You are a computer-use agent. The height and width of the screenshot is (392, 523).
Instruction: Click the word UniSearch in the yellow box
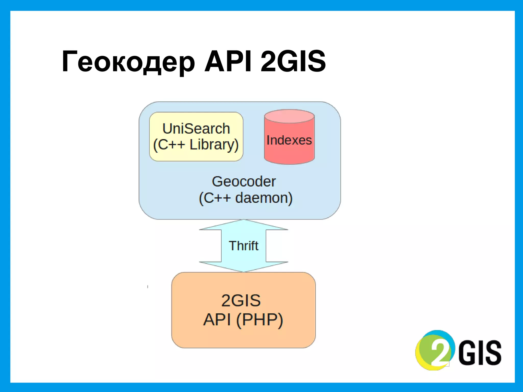pyautogui.click(x=196, y=128)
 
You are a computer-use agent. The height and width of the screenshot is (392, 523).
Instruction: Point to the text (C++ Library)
pyautogui.click(x=196, y=145)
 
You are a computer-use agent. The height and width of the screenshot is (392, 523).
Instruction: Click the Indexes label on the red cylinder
pyautogui.click(x=289, y=140)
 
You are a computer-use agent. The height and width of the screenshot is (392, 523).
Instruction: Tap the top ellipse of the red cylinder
pyautogui.click(x=289, y=116)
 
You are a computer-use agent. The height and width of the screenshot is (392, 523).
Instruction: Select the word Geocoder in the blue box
pyautogui.click(x=244, y=181)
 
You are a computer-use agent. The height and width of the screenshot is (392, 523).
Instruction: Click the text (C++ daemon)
pyautogui.click(x=245, y=198)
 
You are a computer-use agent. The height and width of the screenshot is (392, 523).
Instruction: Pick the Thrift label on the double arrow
pyautogui.click(x=243, y=246)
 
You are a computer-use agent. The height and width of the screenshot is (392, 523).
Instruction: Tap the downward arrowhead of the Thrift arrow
pyautogui.click(x=244, y=267)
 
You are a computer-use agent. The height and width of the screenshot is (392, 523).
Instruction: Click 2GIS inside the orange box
pyautogui.click(x=241, y=300)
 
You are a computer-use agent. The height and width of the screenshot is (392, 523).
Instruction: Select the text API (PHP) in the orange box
pyautogui.click(x=243, y=320)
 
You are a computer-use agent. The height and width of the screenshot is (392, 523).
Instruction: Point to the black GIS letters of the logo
pyautogui.click(x=480, y=352)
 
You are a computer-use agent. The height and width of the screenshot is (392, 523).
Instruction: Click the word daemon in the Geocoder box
pyautogui.click(x=264, y=198)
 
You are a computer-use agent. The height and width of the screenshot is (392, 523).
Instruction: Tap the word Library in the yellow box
pyautogui.click(x=214, y=145)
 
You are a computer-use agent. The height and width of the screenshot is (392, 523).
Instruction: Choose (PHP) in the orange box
pyautogui.click(x=259, y=320)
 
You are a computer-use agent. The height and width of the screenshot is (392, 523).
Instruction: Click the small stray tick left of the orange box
pyautogui.click(x=148, y=287)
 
